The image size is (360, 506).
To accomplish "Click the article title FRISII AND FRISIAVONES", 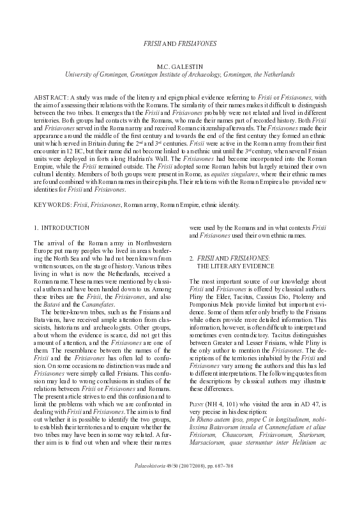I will pyautogui.click(x=180, y=44).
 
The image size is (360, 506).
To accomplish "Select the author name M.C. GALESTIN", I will pyautogui.click(x=180, y=66).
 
